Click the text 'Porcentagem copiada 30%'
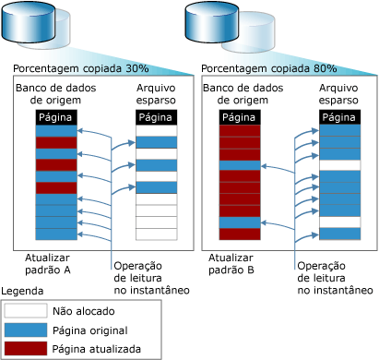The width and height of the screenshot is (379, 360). point(81,68)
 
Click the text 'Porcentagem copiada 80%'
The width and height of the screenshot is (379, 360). point(269,68)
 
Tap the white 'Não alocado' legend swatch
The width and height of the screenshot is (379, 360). point(26,310)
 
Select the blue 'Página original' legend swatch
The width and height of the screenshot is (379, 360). point(26,330)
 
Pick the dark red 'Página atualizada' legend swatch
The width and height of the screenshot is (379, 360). point(26,348)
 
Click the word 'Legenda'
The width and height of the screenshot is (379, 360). point(22,291)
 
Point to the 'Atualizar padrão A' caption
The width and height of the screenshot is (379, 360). point(48,264)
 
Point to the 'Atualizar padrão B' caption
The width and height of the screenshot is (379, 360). point(231,264)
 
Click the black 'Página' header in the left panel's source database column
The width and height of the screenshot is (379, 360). point(56,117)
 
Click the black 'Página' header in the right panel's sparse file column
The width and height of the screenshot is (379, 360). point(339,117)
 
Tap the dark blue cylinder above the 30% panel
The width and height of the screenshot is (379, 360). point(29,21)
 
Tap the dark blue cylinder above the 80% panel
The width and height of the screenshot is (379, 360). point(212,21)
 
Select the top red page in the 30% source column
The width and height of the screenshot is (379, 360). point(56,143)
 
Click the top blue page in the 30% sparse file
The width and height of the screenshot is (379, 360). point(157,142)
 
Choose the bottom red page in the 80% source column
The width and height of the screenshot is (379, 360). point(240,234)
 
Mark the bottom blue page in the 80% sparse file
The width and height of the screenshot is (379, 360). point(340,234)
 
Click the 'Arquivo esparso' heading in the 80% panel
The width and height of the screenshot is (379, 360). point(338,94)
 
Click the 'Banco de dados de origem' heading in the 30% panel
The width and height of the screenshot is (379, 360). point(56,94)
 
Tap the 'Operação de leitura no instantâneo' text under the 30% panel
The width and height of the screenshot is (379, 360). point(151,278)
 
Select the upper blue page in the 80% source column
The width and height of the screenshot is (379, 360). point(240,165)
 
